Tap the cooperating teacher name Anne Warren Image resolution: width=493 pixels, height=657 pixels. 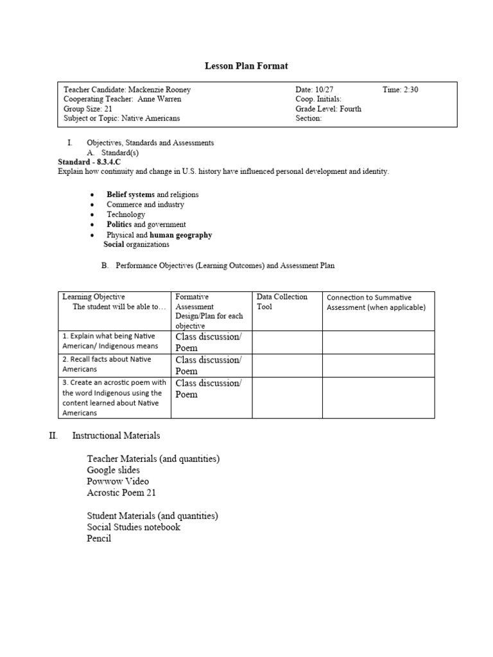[160, 99]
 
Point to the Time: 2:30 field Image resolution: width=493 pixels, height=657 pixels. [400, 90]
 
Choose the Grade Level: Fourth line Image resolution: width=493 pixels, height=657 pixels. [328, 109]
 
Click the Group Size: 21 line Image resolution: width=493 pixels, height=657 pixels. [88, 109]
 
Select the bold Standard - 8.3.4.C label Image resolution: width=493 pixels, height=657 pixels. [89, 162]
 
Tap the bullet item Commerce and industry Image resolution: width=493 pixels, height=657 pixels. [145, 205]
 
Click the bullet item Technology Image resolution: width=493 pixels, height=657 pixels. [126, 214]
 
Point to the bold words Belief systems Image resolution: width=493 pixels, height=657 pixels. [130, 194]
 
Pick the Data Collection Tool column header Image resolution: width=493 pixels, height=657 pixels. [282, 302]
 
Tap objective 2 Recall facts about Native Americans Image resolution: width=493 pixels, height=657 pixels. [114, 364]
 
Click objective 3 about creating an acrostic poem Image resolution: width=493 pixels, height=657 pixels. [114, 398]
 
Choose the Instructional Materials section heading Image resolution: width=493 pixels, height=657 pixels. [116, 436]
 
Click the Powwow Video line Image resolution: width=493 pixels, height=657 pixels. [118, 481]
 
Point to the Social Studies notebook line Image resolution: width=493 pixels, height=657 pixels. [134, 527]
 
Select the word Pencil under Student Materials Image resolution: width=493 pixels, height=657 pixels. [99, 539]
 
